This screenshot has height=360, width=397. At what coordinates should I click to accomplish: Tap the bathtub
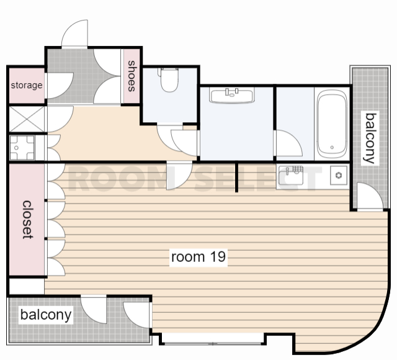(332, 124)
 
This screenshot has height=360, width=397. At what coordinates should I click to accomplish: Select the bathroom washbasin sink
(231, 95)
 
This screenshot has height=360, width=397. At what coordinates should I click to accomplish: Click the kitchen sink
(291, 175)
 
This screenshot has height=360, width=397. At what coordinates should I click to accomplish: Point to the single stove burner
(339, 175)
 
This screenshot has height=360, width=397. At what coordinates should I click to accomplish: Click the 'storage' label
(27, 85)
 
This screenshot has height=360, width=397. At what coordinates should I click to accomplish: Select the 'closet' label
(27, 220)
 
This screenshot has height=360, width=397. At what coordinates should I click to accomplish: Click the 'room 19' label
(198, 257)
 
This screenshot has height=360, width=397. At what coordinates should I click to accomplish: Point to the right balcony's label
(370, 138)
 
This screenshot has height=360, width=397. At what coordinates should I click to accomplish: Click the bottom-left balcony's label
(46, 315)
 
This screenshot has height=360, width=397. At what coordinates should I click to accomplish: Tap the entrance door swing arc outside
(74, 34)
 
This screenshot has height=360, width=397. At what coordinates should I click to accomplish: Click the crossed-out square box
(27, 119)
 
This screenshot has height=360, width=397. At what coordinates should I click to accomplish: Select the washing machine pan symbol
(22, 148)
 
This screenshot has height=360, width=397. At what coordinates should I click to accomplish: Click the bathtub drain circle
(332, 147)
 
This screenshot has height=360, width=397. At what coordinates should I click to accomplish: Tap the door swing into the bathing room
(288, 143)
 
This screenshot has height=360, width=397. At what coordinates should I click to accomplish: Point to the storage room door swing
(60, 86)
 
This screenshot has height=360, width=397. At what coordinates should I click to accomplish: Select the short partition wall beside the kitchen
(236, 177)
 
